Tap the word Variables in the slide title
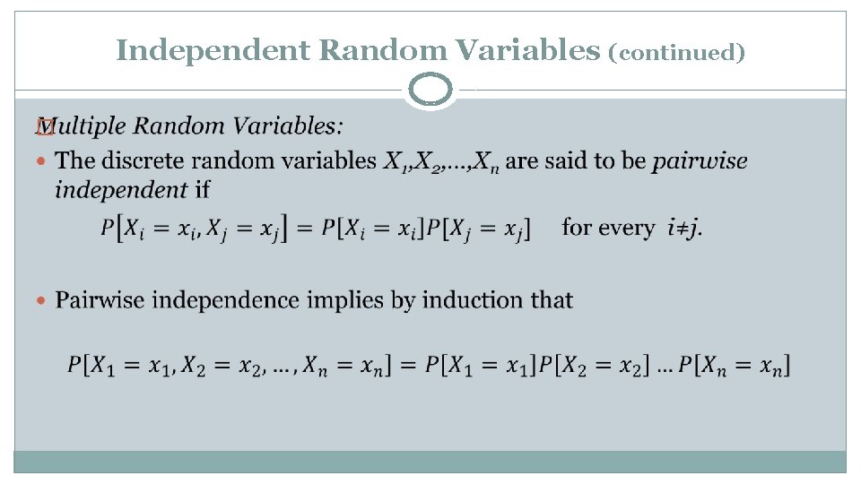[526, 50]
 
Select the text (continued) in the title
[677, 53]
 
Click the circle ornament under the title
[430, 90]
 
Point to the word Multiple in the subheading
[89, 125]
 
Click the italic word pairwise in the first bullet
[700, 161]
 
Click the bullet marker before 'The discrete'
[42, 161]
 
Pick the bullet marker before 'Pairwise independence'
[42, 300]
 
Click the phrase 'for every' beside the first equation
[608, 228]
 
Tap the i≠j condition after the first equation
[686, 228]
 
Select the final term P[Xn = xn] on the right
[735, 366]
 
